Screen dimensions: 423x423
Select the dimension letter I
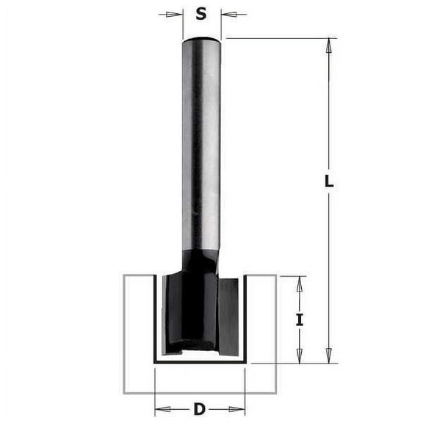click(x=300, y=319)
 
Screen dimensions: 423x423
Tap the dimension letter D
click(x=199, y=409)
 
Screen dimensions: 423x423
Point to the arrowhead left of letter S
click(x=176, y=13)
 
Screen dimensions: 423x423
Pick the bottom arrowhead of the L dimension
click(x=329, y=355)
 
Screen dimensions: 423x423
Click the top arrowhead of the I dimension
click(x=300, y=283)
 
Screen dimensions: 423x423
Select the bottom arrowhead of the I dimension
click(x=300, y=355)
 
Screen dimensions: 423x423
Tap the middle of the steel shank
click(x=201, y=147)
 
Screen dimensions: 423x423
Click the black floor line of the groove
click(x=199, y=362)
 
